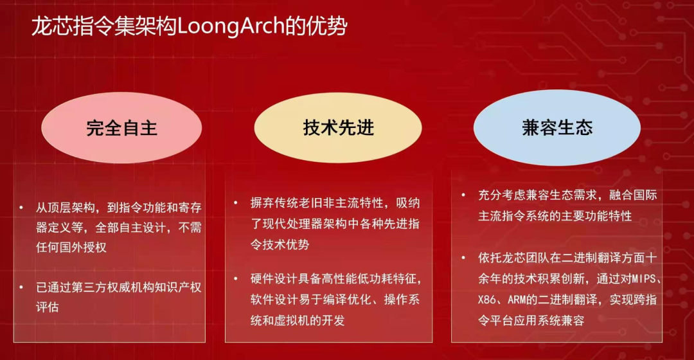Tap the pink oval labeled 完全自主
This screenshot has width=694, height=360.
click(x=121, y=127)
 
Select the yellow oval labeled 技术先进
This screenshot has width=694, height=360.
click(x=338, y=127)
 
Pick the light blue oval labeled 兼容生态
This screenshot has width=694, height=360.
click(x=556, y=127)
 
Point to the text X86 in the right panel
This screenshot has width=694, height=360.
click(x=487, y=300)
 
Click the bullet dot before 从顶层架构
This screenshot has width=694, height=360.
click(x=21, y=207)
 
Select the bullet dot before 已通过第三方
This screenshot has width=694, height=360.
click(x=21, y=287)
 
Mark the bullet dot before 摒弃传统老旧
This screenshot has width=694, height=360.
click(x=236, y=203)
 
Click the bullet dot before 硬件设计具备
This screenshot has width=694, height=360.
click(x=236, y=278)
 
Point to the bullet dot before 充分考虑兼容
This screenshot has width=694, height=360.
click(x=463, y=195)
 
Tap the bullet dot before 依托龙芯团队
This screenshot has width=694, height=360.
click(x=463, y=258)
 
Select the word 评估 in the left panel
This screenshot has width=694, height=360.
click(x=48, y=307)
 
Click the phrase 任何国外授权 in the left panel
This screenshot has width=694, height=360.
click(x=71, y=247)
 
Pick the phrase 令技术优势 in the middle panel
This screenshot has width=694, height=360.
click(x=280, y=244)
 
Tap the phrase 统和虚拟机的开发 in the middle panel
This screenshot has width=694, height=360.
click(x=298, y=320)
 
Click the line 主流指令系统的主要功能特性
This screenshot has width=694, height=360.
click(x=555, y=215)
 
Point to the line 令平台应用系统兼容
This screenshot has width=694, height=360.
click(x=531, y=320)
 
